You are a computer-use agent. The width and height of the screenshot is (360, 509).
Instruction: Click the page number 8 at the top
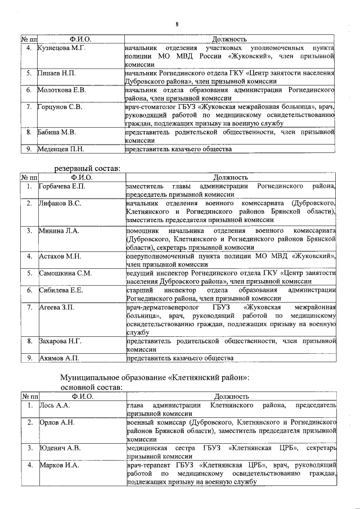177,24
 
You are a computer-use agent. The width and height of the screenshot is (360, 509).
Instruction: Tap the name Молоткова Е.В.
61,89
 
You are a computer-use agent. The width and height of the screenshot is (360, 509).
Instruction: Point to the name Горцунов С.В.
60,106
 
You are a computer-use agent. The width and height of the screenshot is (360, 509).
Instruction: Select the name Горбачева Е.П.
62,186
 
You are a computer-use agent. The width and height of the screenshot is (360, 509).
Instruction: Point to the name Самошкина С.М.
65,273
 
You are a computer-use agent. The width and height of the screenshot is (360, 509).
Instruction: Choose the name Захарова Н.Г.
60,341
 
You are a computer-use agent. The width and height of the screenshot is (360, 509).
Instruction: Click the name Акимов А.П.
57,358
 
